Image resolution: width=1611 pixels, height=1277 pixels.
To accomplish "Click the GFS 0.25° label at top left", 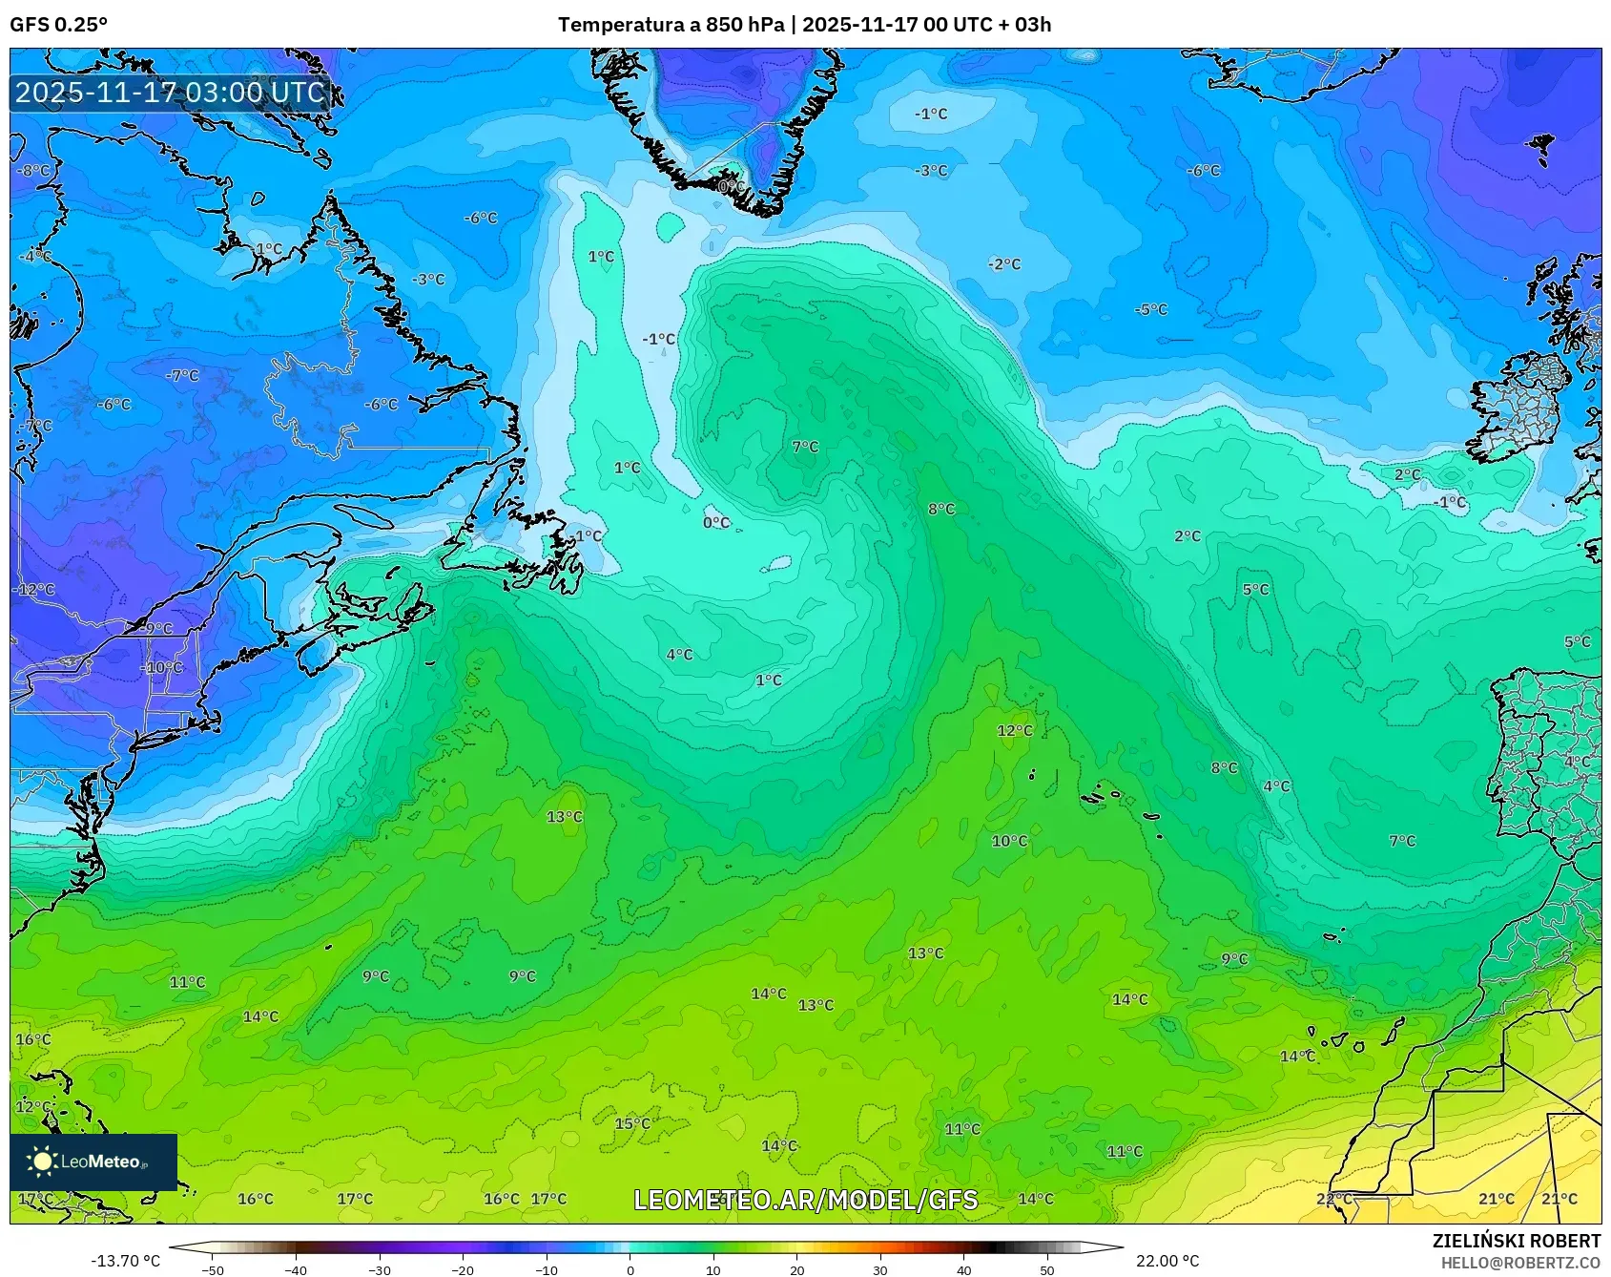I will pyautogui.click(x=59, y=25).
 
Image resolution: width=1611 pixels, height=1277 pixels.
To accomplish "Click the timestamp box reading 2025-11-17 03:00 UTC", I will pyautogui.click(x=171, y=93).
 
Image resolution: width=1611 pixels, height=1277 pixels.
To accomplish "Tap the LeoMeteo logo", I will pyautogui.click(x=93, y=1162).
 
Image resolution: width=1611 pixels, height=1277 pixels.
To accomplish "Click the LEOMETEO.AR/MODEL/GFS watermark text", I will pyautogui.click(x=806, y=1200).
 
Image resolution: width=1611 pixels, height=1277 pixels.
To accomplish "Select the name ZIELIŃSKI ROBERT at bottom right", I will pyautogui.click(x=1517, y=1241).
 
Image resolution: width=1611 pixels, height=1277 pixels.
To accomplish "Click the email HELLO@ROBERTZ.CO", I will pyautogui.click(x=1520, y=1263).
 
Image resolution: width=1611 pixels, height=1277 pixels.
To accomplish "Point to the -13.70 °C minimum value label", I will pyautogui.click(x=125, y=1261).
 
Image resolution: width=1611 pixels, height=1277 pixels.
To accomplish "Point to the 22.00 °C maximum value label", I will pyautogui.click(x=1167, y=1261).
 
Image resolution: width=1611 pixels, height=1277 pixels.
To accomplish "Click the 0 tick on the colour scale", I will pyautogui.click(x=630, y=1270).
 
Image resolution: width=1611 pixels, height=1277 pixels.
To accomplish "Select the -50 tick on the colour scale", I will pyautogui.click(x=213, y=1270).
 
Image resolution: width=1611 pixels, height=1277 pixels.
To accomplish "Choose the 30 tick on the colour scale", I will pyautogui.click(x=880, y=1270).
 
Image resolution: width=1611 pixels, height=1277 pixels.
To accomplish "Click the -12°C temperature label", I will pyautogui.click(x=35, y=590).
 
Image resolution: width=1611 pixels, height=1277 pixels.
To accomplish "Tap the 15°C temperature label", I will pyautogui.click(x=632, y=1123).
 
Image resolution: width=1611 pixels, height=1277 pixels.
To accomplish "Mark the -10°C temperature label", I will pyautogui.click(x=163, y=667).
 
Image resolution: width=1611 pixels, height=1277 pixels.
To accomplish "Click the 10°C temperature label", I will pyautogui.click(x=1009, y=841).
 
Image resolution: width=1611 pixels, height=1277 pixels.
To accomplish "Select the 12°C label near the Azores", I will pyautogui.click(x=1015, y=730).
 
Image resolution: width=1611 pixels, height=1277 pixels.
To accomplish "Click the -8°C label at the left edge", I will pyautogui.click(x=34, y=170).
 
